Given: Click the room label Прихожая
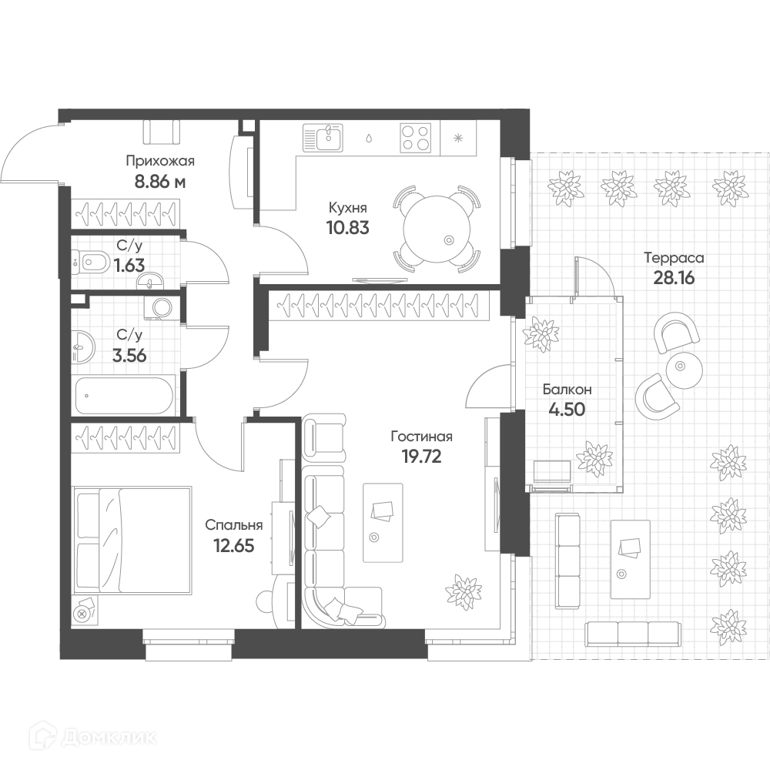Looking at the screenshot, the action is [x=160, y=161].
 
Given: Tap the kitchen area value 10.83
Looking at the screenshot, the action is [x=348, y=228].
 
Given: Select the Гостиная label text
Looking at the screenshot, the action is [x=421, y=436].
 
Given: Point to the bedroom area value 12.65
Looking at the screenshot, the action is [x=234, y=546].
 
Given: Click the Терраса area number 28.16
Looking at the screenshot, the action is [x=674, y=278].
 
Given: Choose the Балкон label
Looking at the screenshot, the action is [x=567, y=390].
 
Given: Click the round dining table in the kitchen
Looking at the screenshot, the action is [x=436, y=229].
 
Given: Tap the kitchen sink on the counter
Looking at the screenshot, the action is [x=323, y=138].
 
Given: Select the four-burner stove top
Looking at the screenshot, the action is [x=416, y=138].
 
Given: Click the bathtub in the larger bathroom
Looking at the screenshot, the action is [x=124, y=396].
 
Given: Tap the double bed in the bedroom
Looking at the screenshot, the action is [x=132, y=539].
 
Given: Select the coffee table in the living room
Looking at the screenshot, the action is [x=383, y=523].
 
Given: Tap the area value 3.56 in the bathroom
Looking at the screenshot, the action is [x=129, y=355].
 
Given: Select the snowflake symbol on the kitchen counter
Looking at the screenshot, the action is [x=457, y=138].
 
